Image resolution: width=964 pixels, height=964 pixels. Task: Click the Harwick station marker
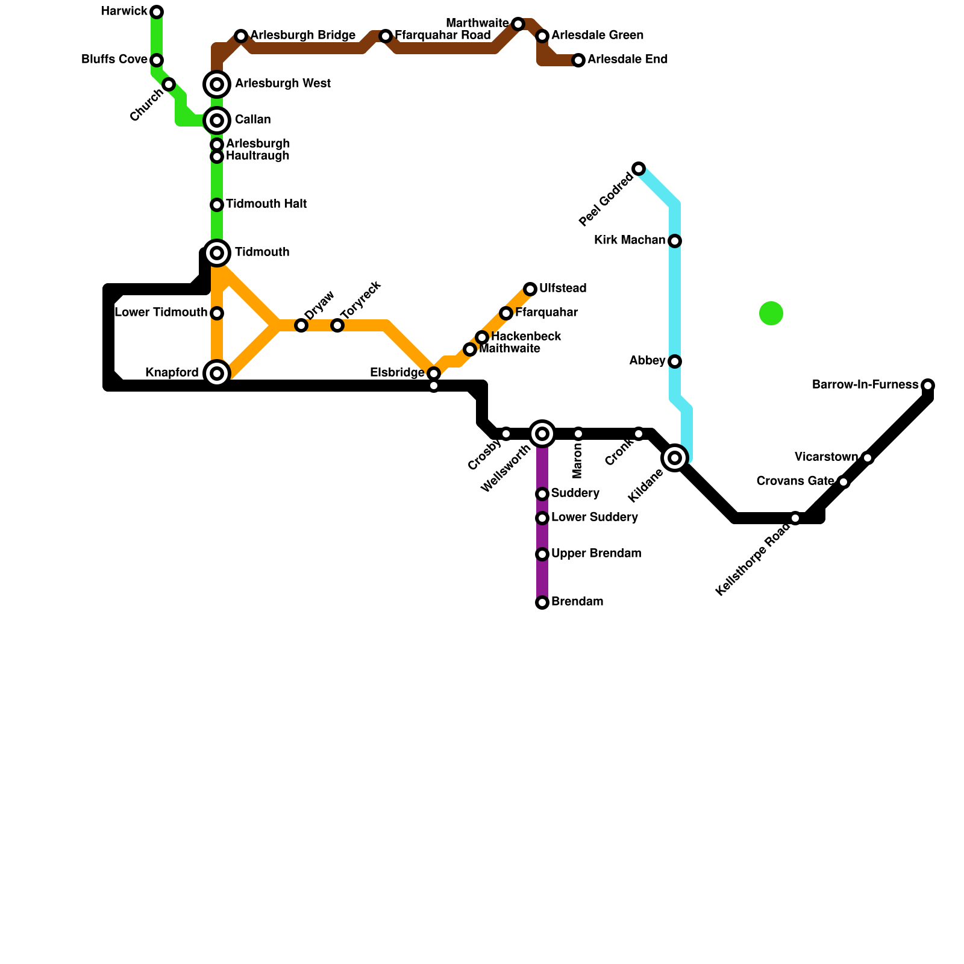coord(157,12)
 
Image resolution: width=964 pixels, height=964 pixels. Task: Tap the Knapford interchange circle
coord(218,374)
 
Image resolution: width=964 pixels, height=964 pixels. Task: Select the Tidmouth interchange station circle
coord(218,253)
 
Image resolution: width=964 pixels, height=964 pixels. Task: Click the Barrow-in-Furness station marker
coord(928,386)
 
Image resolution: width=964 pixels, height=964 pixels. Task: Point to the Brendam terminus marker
coord(542,602)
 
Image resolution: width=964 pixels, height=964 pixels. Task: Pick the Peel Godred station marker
coord(639,169)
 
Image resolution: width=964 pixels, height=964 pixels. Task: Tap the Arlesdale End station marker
coord(578,60)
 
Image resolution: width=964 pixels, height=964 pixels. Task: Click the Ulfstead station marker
coord(530,289)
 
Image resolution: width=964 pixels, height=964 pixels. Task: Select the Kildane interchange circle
coord(675,458)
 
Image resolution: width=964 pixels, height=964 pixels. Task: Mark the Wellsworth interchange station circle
coord(542,434)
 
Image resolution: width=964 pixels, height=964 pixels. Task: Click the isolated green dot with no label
coord(771,313)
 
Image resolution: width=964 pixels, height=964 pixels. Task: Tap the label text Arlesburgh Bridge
coord(302,36)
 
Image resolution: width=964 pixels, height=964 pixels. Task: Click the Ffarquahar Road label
coord(443,36)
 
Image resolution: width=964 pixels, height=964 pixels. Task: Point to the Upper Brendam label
coord(596,554)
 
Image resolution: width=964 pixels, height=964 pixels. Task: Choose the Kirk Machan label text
coord(630,240)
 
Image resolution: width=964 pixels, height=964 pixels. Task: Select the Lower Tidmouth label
coord(161,313)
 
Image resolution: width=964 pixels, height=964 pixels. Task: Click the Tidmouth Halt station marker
coord(217,205)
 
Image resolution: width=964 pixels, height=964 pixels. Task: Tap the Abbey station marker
coord(675,361)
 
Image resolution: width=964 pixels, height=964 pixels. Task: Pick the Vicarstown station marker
coord(868,458)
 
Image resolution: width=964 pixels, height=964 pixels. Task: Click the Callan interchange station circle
coord(218,120)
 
